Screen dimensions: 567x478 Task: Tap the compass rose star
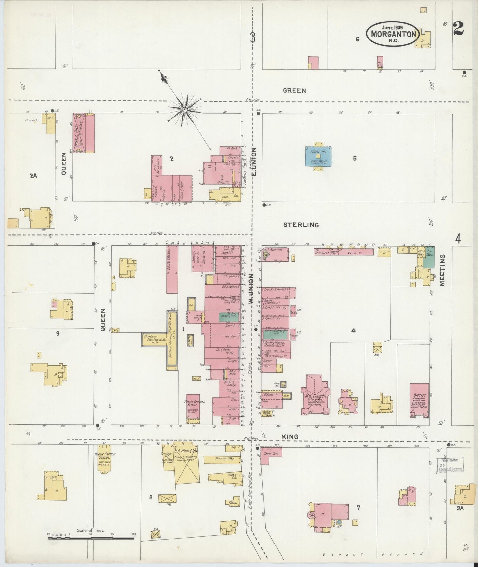click(185, 109)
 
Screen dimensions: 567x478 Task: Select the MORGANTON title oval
click(393, 34)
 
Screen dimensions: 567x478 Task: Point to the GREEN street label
click(294, 91)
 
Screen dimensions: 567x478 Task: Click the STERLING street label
click(301, 225)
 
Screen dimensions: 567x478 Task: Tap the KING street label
click(290, 437)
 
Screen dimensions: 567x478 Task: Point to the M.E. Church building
click(315, 395)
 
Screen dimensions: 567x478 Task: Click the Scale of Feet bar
click(91, 538)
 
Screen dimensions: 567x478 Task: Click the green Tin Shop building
click(429, 257)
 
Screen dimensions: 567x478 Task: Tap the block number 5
click(355, 158)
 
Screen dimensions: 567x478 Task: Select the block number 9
click(58, 333)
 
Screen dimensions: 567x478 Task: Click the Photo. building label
click(233, 502)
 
